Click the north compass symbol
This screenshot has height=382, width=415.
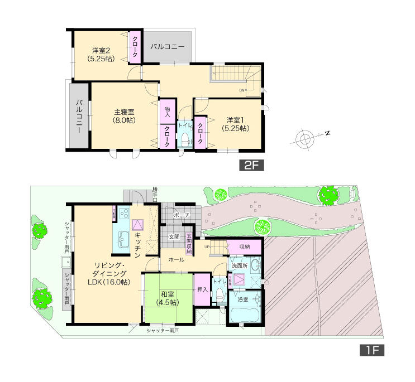pos(305,137)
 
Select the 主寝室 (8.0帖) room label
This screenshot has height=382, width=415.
pos(123,115)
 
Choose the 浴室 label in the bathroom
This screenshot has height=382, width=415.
pos(243,299)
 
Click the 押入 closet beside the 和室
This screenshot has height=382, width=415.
pos(203,290)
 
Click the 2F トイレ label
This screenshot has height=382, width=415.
pos(185,127)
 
